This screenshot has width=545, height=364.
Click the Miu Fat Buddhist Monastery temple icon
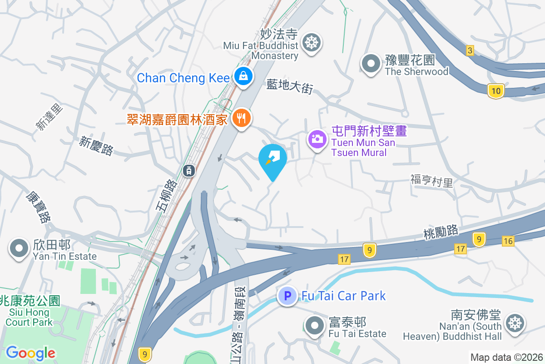pos(312,43)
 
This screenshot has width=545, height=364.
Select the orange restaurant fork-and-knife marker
pos(242,118)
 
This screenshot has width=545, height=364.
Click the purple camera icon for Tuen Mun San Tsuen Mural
pos(317,139)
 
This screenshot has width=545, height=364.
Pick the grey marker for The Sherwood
pos(371,64)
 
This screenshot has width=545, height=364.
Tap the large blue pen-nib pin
pos(273,159)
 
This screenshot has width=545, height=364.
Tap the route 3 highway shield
pos(470,50)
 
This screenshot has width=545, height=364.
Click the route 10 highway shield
pos(495,91)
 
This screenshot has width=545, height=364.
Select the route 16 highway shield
pos(508,241)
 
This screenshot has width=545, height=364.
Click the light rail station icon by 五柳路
pos(188,171)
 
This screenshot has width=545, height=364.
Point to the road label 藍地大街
pos(290,85)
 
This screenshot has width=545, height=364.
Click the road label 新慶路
pos(96,146)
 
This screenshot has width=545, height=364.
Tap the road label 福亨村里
pos(431,182)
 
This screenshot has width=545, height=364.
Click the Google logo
pos(30,353)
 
